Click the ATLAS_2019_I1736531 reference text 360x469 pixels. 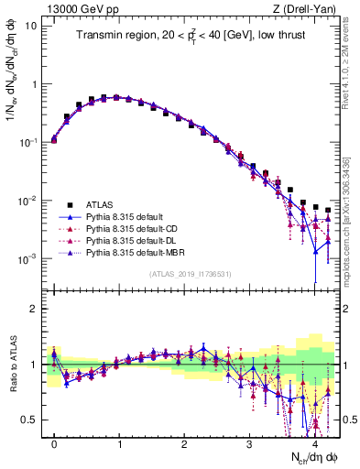coord(191,273)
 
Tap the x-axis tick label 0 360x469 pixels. coord(54,442)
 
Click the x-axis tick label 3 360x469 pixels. coord(250,442)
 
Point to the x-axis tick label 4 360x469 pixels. coord(315,442)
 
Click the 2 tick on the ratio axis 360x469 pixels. coord(34,309)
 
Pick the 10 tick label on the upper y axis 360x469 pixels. coord(29,26)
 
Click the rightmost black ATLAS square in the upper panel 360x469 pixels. coord(328,211)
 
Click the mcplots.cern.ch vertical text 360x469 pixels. coord(351,229)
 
